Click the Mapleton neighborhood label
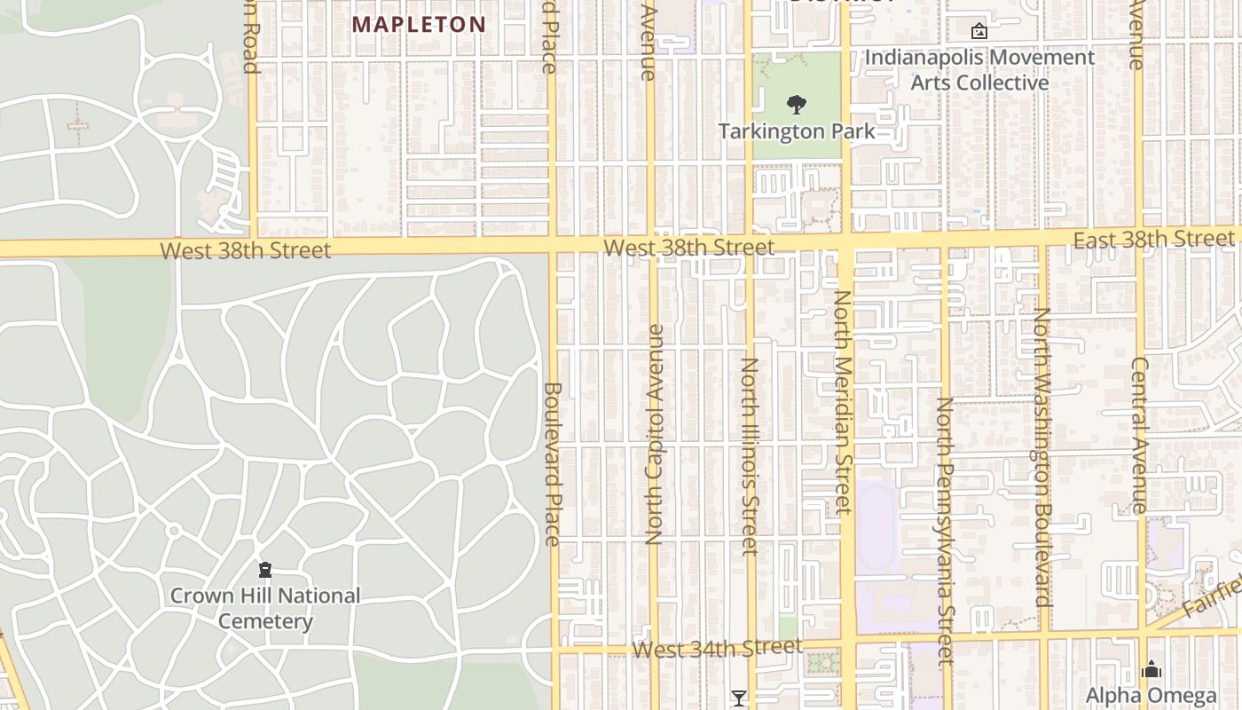tap(419, 24)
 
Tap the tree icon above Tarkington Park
tap(797, 105)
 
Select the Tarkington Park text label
tap(797, 131)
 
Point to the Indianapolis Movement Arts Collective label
tap(979, 70)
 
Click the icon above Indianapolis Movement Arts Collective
tap(979, 31)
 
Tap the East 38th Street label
tap(1153, 239)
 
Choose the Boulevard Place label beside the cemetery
tap(552, 463)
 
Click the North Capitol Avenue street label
tap(654, 434)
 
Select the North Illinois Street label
tap(751, 456)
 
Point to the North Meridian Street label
tap(843, 402)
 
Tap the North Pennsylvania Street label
tap(946, 531)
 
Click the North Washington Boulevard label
tap(1042, 457)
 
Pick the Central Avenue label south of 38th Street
tap(1140, 435)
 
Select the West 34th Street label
tap(717, 649)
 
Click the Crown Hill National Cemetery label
tap(264, 608)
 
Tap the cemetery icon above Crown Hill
tap(264, 569)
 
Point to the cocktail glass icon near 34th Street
tap(738, 698)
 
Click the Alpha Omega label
tap(1151, 695)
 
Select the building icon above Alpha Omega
tap(1151, 669)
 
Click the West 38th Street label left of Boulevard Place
tap(246, 250)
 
